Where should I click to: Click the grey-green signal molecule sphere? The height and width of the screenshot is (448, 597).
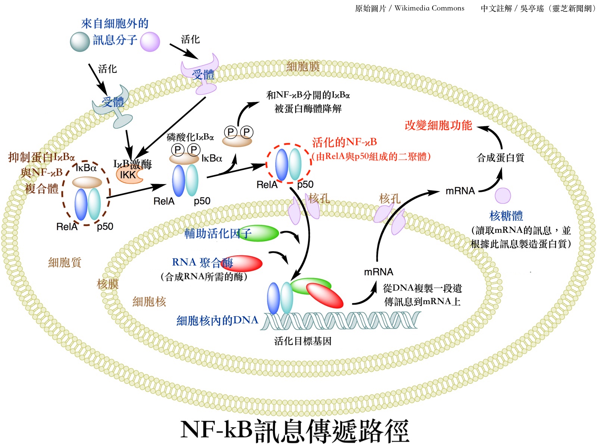click(x=79, y=41)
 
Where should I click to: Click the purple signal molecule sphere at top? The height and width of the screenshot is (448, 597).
click(x=150, y=41)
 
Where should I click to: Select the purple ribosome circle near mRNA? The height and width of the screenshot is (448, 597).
click(x=503, y=195)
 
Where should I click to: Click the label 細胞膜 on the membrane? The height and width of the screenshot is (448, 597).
click(x=303, y=67)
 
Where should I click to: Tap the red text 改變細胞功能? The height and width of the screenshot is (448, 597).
click(x=438, y=125)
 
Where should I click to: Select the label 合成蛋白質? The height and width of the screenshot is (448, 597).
click(x=500, y=158)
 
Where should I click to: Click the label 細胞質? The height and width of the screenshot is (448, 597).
click(x=65, y=262)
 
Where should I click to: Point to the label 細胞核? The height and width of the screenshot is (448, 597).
click(x=149, y=301)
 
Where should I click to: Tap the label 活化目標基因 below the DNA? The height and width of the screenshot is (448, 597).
click(x=303, y=341)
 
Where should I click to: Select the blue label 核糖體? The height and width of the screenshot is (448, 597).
click(x=506, y=216)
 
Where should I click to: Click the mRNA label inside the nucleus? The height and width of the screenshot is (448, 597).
click(x=378, y=272)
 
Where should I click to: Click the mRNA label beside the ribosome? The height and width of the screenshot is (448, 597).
click(x=460, y=191)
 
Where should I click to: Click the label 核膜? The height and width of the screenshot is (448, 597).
click(x=107, y=284)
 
